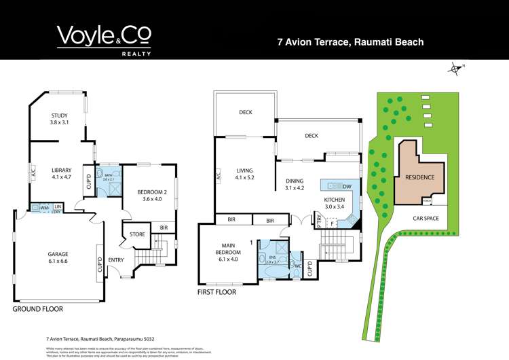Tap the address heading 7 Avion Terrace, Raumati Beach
pos(350,42)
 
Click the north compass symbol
pos(455,67)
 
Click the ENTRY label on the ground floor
pos(116,260)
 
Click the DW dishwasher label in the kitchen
pos(346,187)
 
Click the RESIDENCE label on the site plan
pos(419,178)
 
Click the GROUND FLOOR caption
pos(38,309)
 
